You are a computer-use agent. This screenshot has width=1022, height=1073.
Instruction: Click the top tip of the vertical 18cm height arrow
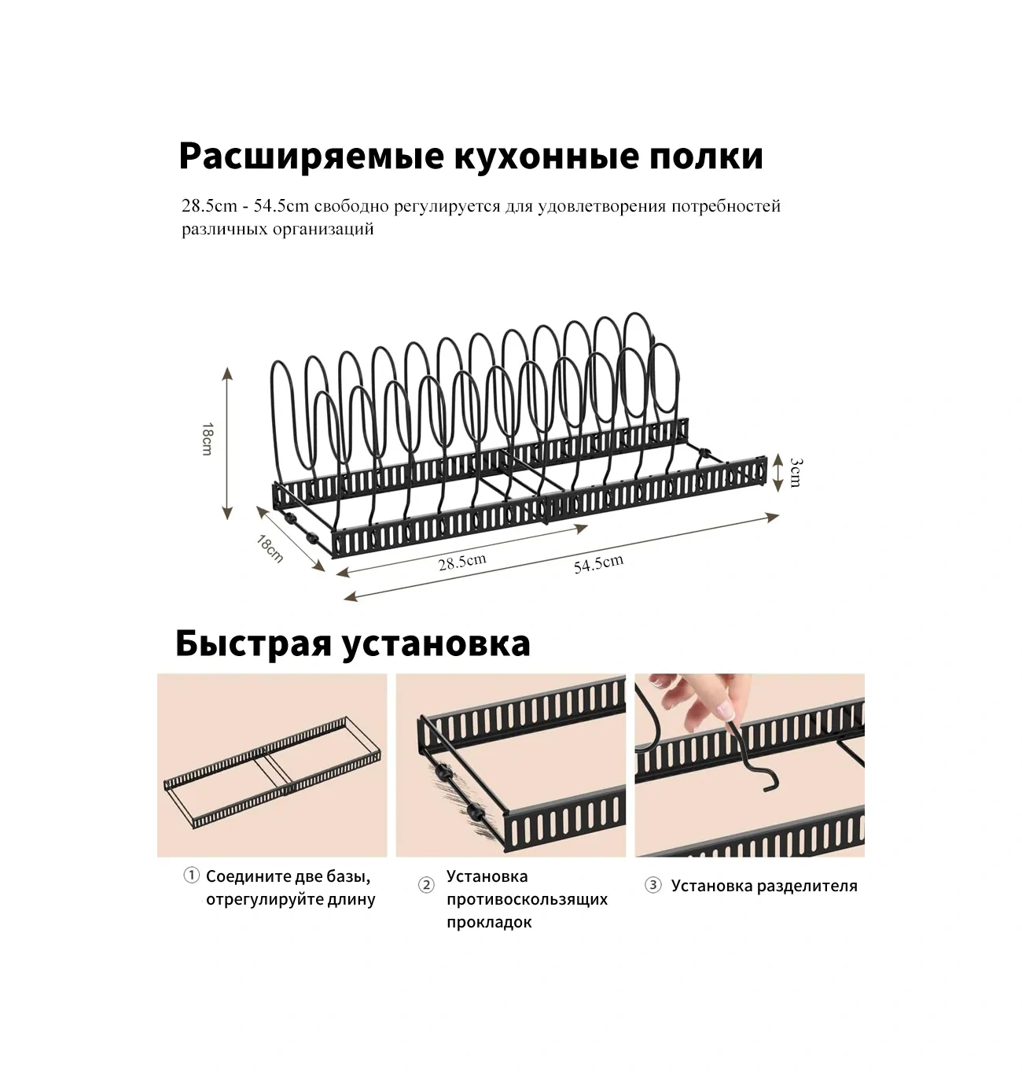(x=227, y=367)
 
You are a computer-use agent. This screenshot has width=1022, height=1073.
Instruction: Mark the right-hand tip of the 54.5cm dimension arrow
(x=779, y=514)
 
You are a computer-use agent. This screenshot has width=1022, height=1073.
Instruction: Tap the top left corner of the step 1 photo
(x=157, y=673)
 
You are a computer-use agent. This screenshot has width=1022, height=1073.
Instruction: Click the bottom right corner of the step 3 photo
(x=865, y=857)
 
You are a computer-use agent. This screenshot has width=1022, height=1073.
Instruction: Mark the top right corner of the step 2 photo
(x=626, y=673)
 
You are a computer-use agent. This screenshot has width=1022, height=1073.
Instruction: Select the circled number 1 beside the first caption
(x=191, y=876)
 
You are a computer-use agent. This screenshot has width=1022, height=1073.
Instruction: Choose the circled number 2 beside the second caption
(x=426, y=885)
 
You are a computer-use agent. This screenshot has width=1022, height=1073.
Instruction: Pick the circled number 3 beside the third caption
(x=653, y=885)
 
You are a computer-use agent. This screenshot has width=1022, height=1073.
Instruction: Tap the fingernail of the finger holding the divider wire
(x=725, y=710)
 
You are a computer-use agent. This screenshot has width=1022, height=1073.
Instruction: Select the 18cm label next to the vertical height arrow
(x=207, y=439)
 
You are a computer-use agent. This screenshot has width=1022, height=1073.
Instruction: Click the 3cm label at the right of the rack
(x=796, y=473)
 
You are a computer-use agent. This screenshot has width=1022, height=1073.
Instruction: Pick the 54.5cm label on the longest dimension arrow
(x=598, y=564)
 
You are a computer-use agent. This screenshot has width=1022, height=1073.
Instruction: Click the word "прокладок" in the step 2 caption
(x=489, y=923)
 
